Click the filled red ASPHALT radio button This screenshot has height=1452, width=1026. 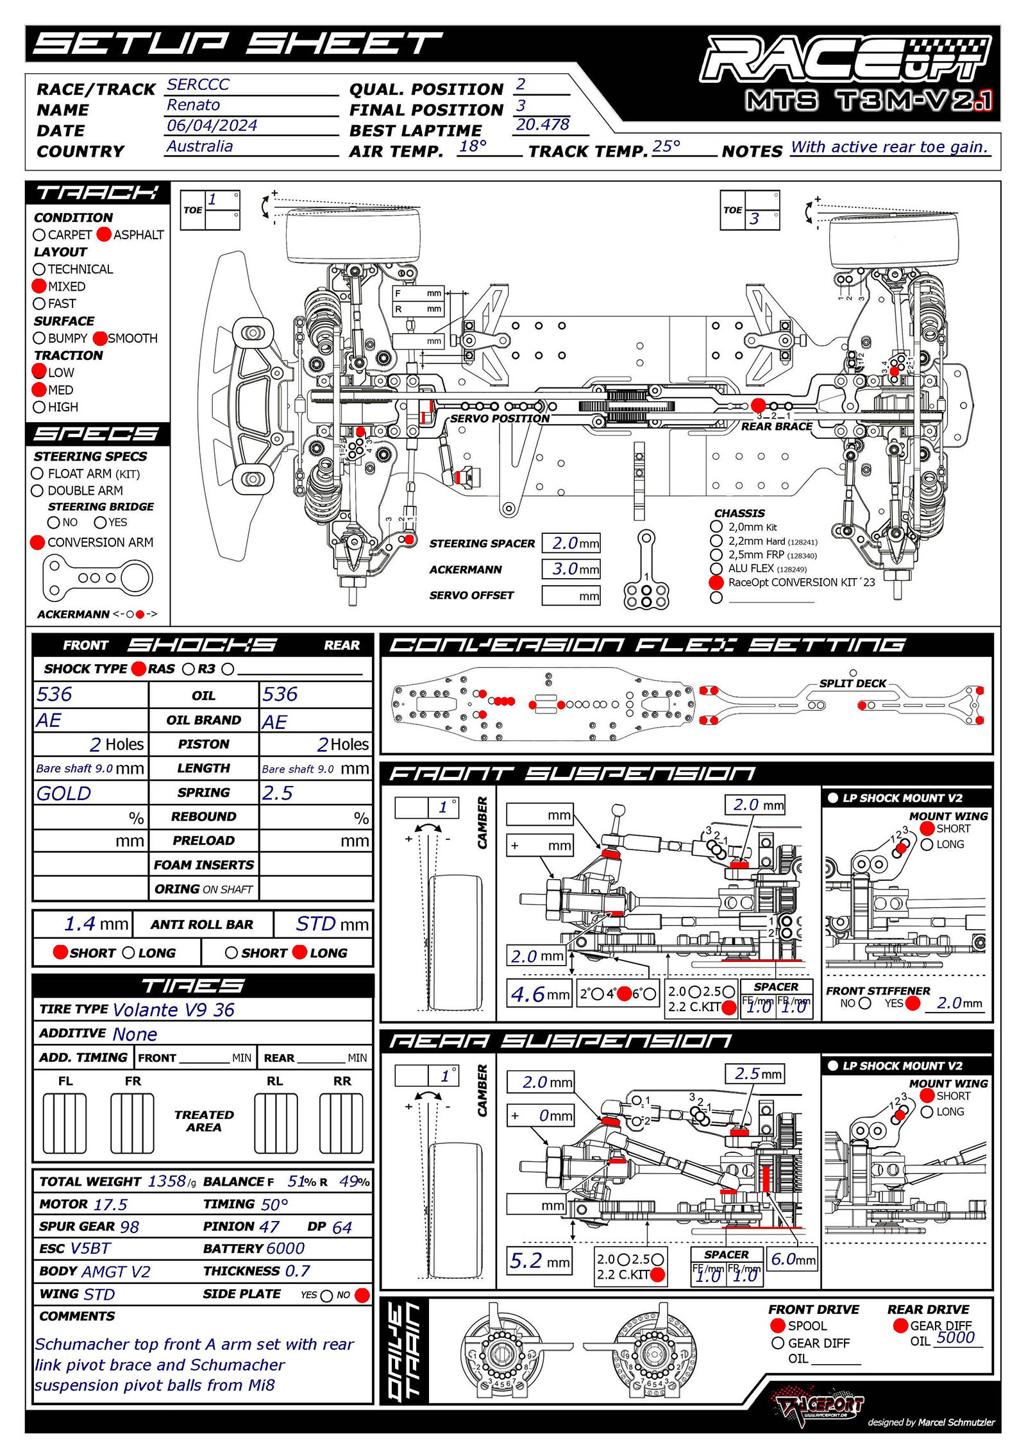coord(104,235)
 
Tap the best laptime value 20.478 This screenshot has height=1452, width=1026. coord(542,124)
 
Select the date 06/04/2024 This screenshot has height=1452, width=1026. coord(212,126)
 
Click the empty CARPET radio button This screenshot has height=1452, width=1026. coord(40,235)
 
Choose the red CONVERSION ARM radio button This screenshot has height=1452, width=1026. coord(38,543)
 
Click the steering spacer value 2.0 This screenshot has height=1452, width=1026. coord(565,543)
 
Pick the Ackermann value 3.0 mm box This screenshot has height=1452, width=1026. coord(570,569)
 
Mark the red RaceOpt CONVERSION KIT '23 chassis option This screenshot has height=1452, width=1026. coord(716,583)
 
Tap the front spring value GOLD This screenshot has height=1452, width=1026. coord(64,794)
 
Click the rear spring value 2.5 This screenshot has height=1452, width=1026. coord(277,794)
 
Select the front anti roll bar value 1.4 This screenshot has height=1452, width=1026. coord(81,924)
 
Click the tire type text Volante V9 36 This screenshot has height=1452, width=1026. coord(173,1010)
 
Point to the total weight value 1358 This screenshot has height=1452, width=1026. coord(167,1181)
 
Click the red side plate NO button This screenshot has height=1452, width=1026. coord(362,1295)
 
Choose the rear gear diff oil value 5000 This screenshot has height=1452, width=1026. coord(955,1337)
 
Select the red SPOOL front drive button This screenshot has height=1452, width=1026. coord(778,1326)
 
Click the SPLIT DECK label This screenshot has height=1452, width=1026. coord(852,683)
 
